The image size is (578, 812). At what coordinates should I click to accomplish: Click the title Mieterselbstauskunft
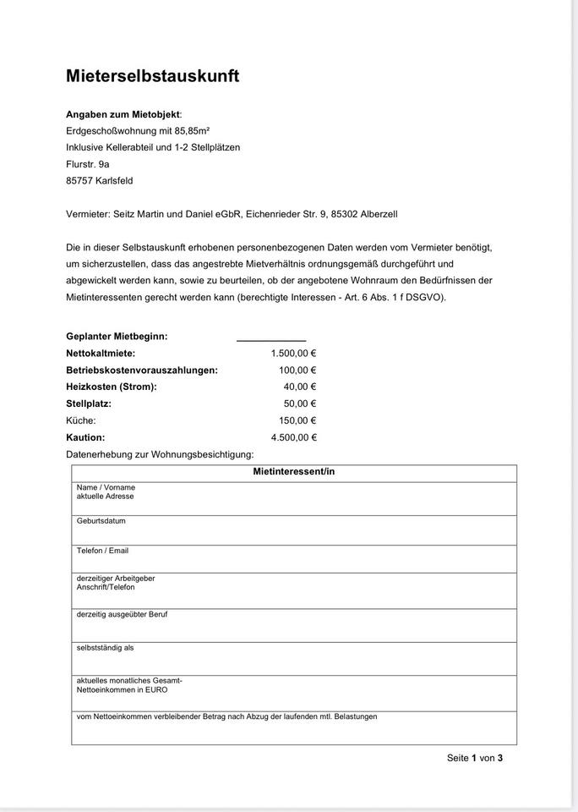pyautogui.click(x=152, y=76)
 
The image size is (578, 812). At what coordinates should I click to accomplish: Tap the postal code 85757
pyautogui.click(x=82, y=180)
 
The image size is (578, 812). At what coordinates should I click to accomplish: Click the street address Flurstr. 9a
pyautogui.click(x=87, y=163)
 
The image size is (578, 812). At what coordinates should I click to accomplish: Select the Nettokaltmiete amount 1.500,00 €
pyautogui.click(x=293, y=353)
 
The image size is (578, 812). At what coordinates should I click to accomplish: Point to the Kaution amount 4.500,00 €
pyautogui.click(x=293, y=437)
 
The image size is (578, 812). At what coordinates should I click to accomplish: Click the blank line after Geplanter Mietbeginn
pyautogui.click(x=270, y=337)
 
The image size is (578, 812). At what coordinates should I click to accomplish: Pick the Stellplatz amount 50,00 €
pyautogui.click(x=299, y=403)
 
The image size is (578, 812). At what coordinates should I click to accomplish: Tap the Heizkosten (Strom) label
pyautogui.click(x=111, y=387)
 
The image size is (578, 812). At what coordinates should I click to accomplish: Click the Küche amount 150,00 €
pyautogui.click(x=297, y=420)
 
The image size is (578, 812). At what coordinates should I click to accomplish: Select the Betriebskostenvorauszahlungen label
pyautogui.click(x=141, y=370)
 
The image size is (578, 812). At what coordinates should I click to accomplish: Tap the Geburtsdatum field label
pyautogui.click(x=101, y=521)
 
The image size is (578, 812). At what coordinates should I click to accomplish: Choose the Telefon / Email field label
pyautogui.click(x=102, y=551)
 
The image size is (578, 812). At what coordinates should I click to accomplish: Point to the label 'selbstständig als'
pyautogui.click(x=105, y=648)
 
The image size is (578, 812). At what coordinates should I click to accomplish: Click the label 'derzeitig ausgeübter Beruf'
pyautogui.click(x=122, y=614)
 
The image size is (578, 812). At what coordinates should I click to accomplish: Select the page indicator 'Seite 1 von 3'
pyautogui.click(x=474, y=758)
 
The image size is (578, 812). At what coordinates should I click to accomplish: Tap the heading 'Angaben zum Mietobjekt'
pyautogui.click(x=123, y=114)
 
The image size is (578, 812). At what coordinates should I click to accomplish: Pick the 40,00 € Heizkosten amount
pyautogui.click(x=299, y=387)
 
